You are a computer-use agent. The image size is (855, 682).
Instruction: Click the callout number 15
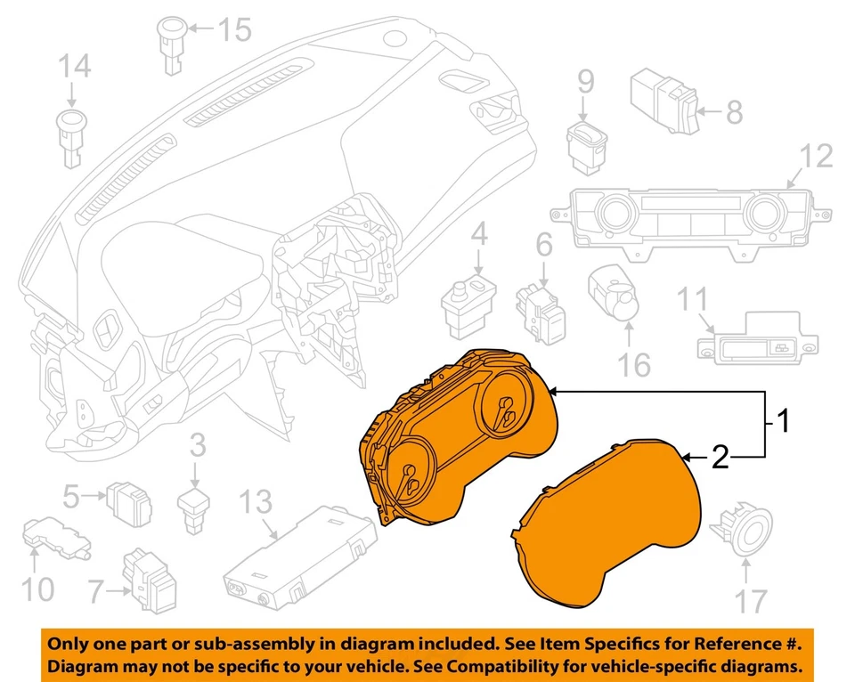235,31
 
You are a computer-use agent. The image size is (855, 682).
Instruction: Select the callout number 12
815,156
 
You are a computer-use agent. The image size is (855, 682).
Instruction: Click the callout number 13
256,503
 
